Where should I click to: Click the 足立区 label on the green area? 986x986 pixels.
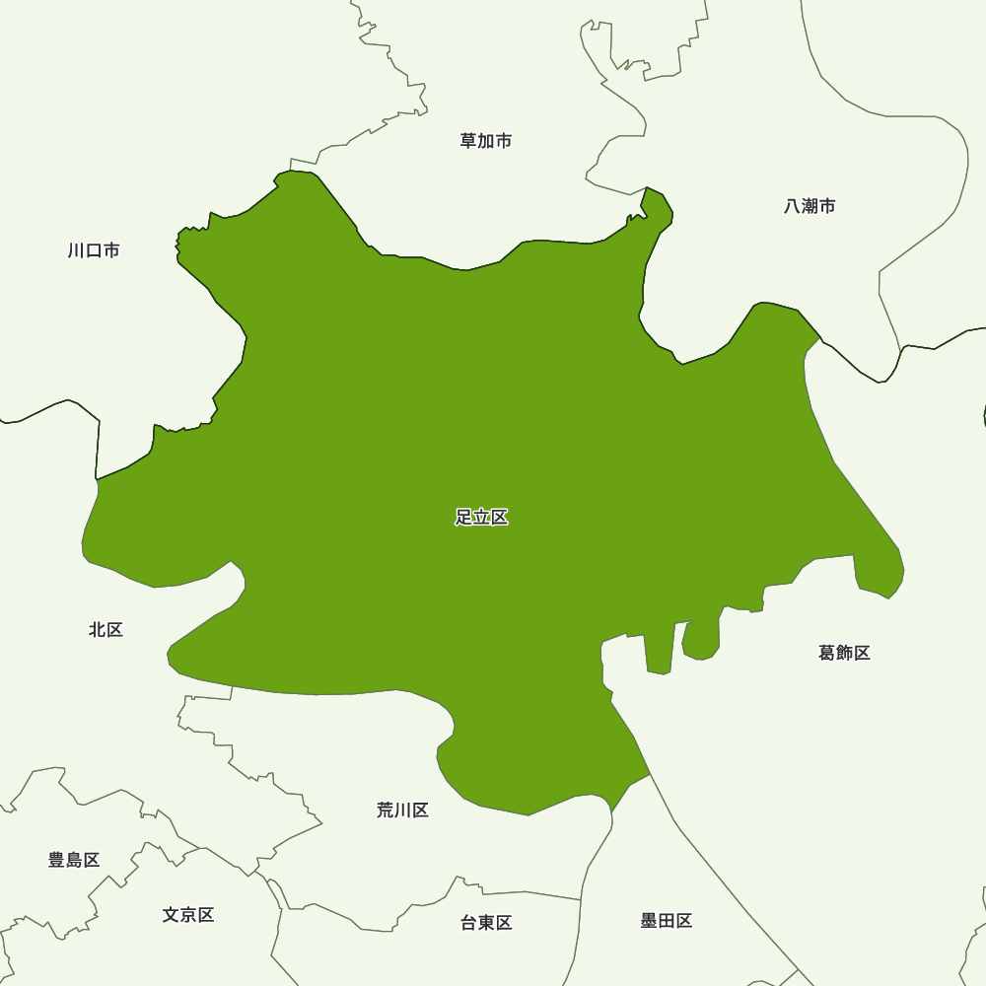point(481,518)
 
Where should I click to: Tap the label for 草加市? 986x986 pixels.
point(486,141)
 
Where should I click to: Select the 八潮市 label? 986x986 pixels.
point(810,206)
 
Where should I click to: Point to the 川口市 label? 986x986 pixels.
point(94,250)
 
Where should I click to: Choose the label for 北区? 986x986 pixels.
point(106,629)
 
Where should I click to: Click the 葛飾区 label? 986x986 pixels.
point(844,653)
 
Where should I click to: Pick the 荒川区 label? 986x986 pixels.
point(402,810)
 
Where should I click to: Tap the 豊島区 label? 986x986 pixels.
point(74,860)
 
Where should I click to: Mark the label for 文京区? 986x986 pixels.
point(188,915)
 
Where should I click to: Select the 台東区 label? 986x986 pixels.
point(486,923)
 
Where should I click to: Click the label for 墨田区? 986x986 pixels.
point(667,921)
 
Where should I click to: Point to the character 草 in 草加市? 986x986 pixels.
point(468,141)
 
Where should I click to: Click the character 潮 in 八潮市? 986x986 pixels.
point(810,206)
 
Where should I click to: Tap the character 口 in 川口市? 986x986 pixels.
point(94,250)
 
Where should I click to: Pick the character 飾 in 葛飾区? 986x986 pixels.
point(844,653)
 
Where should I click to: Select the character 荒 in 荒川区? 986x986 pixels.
point(386,810)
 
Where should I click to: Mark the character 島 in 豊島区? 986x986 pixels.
point(74,860)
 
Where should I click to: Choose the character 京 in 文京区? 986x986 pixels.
point(188,915)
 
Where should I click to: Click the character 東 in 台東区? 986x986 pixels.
point(486,923)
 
